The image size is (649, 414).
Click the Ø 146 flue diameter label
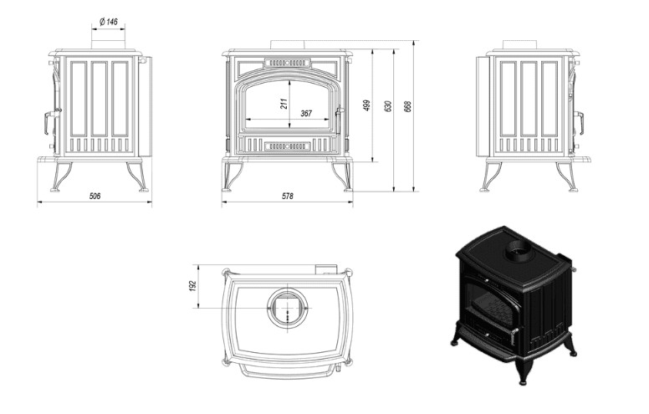(109, 22)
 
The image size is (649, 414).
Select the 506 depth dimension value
(95, 196)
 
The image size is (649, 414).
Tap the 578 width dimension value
(287, 196)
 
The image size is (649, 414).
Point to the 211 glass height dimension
(284, 104)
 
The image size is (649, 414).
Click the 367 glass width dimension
(306, 113)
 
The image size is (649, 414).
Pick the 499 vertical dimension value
(366, 105)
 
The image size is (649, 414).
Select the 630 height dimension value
(388, 106)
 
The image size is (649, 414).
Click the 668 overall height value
(408, 107)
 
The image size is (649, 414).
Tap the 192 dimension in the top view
(193, 286)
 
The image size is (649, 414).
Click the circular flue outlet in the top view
(288, 308)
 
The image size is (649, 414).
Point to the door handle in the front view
(338, 120)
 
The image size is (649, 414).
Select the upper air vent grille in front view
(287, 63)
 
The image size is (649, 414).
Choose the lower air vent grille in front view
(287, 146)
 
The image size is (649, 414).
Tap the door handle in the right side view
(578, 123)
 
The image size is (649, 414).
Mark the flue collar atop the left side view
(108, 45)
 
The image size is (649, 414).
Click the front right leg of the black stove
(523, 370)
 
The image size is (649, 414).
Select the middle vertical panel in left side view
(100, 99)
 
